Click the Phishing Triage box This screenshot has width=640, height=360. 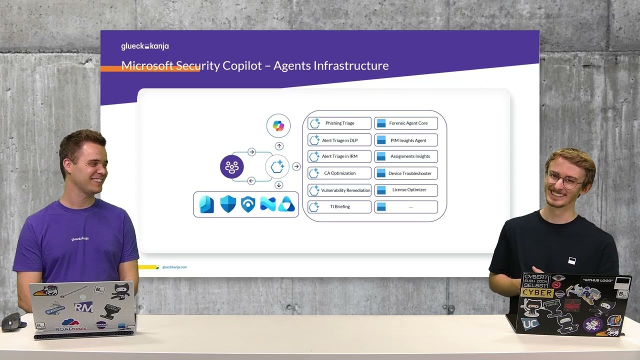(339, 123)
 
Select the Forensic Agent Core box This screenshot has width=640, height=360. (406, 123)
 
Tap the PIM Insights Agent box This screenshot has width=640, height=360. (406, 140)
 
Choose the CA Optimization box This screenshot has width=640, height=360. (339, 173)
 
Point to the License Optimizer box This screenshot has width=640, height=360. (406, 190)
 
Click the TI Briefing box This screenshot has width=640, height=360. (339, 206)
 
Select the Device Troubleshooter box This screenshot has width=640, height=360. (406, 173)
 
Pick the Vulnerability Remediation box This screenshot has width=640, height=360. (339, 190)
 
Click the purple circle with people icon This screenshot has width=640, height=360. (232, 167)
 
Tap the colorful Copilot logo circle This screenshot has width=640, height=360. (278, 125)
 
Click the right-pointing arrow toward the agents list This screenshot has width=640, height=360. (296, 166)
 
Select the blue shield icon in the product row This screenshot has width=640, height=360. (228, 204)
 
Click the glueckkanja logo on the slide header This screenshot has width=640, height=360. (145, 46)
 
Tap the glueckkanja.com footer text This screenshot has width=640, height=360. (174, 267)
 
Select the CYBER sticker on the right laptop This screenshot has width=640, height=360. (537, 292)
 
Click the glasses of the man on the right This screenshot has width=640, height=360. (564, 179)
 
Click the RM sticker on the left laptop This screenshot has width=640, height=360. (83, 307)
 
